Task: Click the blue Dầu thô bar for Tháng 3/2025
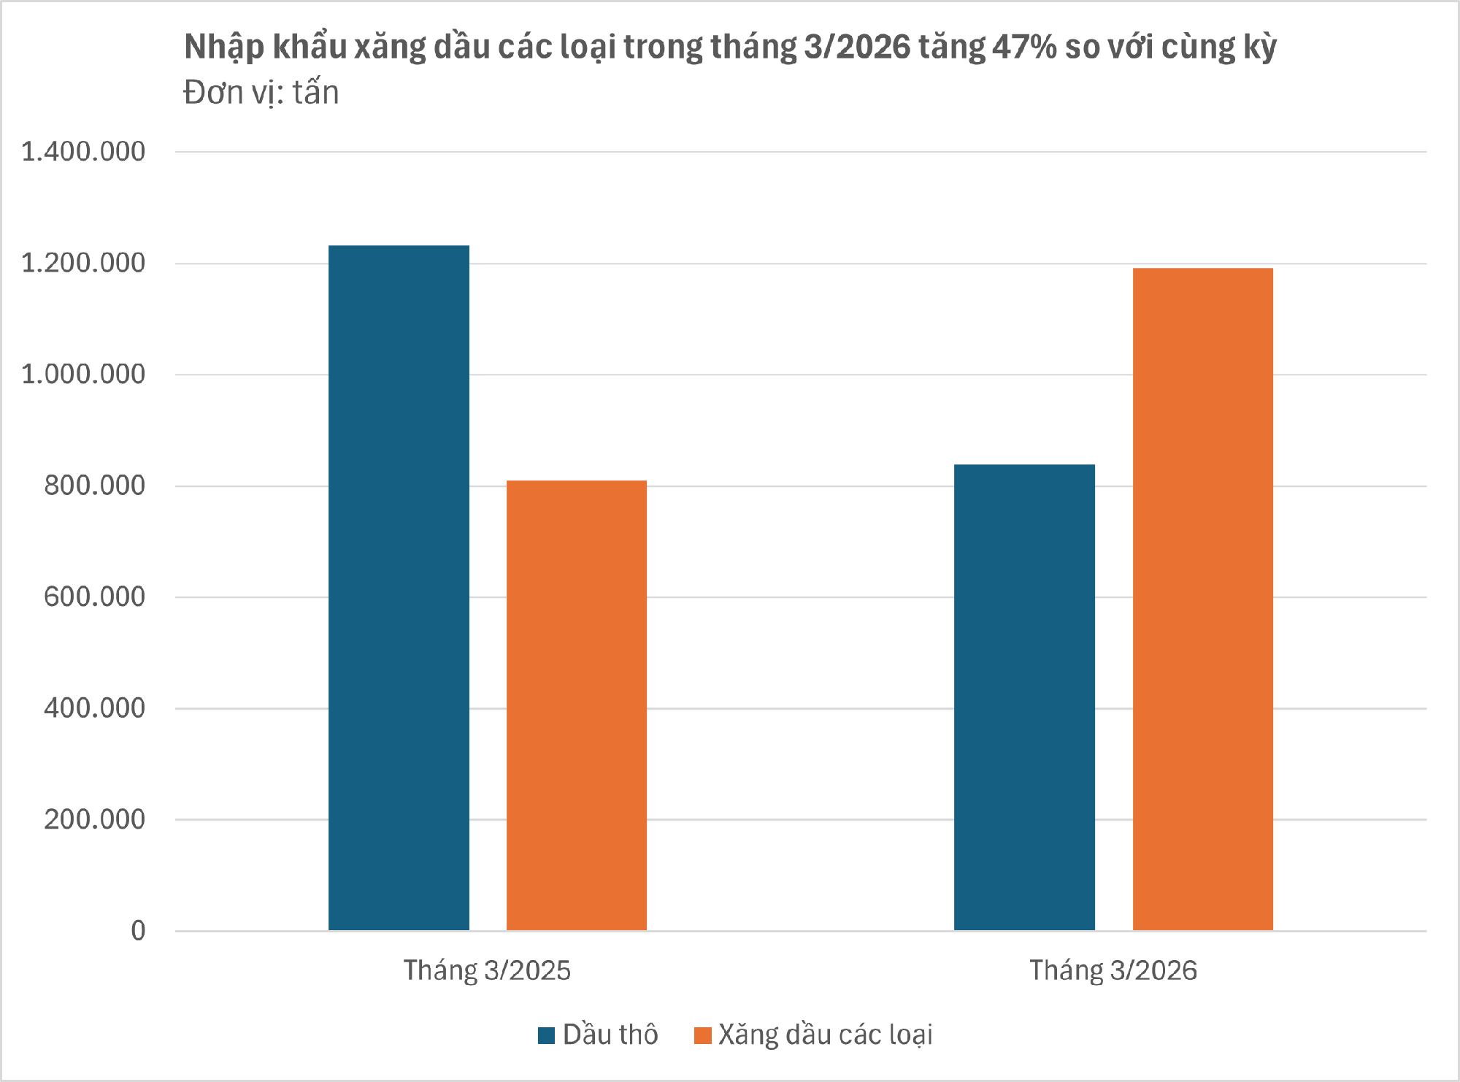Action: tap(399, 588)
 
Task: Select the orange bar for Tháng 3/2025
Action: tap(577, 705)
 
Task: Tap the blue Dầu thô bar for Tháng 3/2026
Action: tap(1024, 697)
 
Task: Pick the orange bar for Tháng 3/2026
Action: tap(1202, 599)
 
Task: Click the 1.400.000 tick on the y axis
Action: tap(83, 152)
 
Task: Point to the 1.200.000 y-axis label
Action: tap(83, 264)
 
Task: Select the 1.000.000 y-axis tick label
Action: tap(83, 375)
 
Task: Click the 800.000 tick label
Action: tap(94, 486)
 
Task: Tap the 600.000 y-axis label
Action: tap(94, 597)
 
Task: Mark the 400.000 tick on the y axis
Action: tap(94, 708)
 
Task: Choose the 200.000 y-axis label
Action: tap(94, 819)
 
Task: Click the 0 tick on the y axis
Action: tap(138, 931)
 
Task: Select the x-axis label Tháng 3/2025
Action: tap(487, 970)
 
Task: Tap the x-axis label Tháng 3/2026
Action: tap(1113, 970)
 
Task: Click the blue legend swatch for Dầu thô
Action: tap(546, 1035)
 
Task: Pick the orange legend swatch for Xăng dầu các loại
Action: tap(702, 1035)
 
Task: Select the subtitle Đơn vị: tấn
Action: tap(261, 93)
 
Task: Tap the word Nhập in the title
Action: tap(223, 47)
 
